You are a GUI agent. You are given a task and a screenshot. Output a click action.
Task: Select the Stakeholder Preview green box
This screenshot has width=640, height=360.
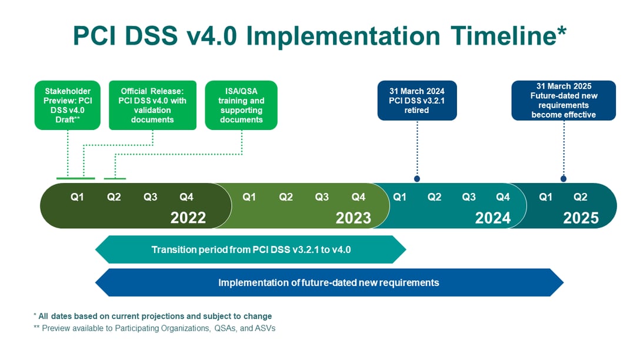point(68,105)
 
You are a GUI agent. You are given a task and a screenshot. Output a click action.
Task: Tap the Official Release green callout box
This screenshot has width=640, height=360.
point(152,105)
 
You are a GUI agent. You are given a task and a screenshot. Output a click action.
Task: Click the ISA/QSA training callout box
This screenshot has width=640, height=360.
point(241,105)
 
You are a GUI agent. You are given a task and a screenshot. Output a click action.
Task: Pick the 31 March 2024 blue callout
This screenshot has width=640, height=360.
point(416,101)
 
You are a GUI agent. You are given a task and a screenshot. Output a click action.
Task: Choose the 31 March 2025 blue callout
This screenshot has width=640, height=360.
point(564,101)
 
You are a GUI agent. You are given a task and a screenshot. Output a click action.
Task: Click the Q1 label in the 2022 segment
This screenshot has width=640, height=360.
point(77,197)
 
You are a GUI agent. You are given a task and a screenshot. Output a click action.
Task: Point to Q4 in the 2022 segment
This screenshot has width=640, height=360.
point(186,197)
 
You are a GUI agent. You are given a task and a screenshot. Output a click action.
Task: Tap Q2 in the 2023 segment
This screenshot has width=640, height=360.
point(286,197)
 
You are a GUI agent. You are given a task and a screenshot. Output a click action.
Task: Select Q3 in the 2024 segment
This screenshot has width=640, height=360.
point(469,197)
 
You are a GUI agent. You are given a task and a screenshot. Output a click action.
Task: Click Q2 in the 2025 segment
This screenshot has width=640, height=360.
point(581,197)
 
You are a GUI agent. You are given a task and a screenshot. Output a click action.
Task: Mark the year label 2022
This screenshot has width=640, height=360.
point(188,218)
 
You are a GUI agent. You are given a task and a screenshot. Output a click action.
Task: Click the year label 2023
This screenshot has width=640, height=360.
point(354,218)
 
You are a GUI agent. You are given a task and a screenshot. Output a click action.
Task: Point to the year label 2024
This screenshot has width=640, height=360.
point(493,218)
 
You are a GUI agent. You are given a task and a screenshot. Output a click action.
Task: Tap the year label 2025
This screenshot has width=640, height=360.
point(581,218)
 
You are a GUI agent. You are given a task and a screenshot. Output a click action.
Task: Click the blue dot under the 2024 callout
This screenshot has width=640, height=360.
point(417,178)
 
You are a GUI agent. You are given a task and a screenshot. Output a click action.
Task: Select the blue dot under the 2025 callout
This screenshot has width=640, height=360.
point(564,178)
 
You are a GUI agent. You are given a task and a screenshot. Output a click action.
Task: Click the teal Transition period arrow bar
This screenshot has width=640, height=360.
point(251,249)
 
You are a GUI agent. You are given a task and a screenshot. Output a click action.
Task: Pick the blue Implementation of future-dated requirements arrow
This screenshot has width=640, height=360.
point(329,282)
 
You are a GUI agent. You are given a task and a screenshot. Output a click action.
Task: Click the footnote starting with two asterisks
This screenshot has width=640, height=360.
point(154,328)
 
